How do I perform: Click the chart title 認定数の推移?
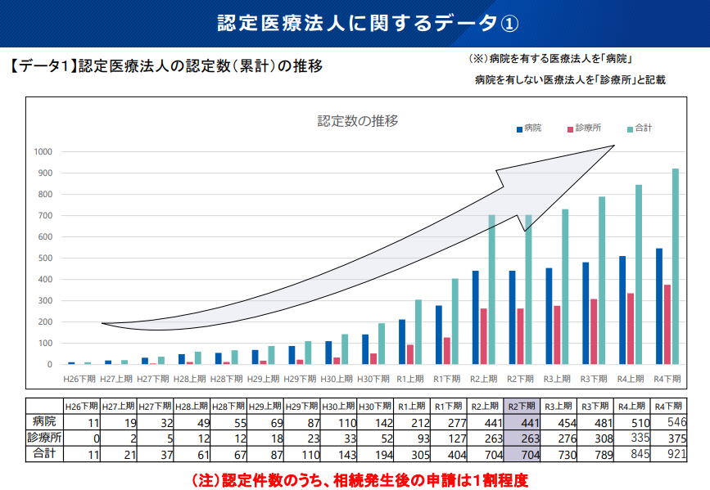click(358, 121)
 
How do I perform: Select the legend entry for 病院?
click(529, 128)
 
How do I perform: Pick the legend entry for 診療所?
click(583, 128)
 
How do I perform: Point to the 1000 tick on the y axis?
click(43, 152)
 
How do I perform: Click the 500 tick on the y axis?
click(45, 258)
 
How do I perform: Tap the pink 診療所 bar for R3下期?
click(594, 331)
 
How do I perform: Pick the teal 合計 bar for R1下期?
click(454, 321)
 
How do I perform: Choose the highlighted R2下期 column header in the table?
click(522, 406)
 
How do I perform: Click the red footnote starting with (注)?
click(359, 478)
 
